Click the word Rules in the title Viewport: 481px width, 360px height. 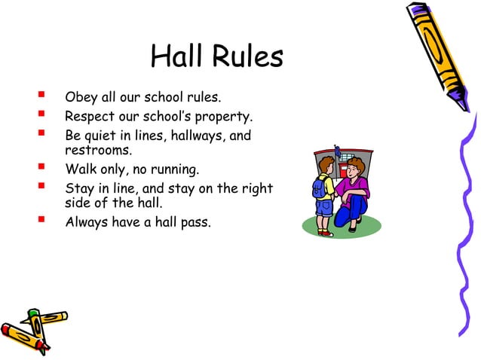pos(247,57)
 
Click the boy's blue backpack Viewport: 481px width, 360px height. pos(320,186)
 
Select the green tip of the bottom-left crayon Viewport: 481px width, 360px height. pos(33,312)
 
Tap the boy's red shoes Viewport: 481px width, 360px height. pos(325,233)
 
